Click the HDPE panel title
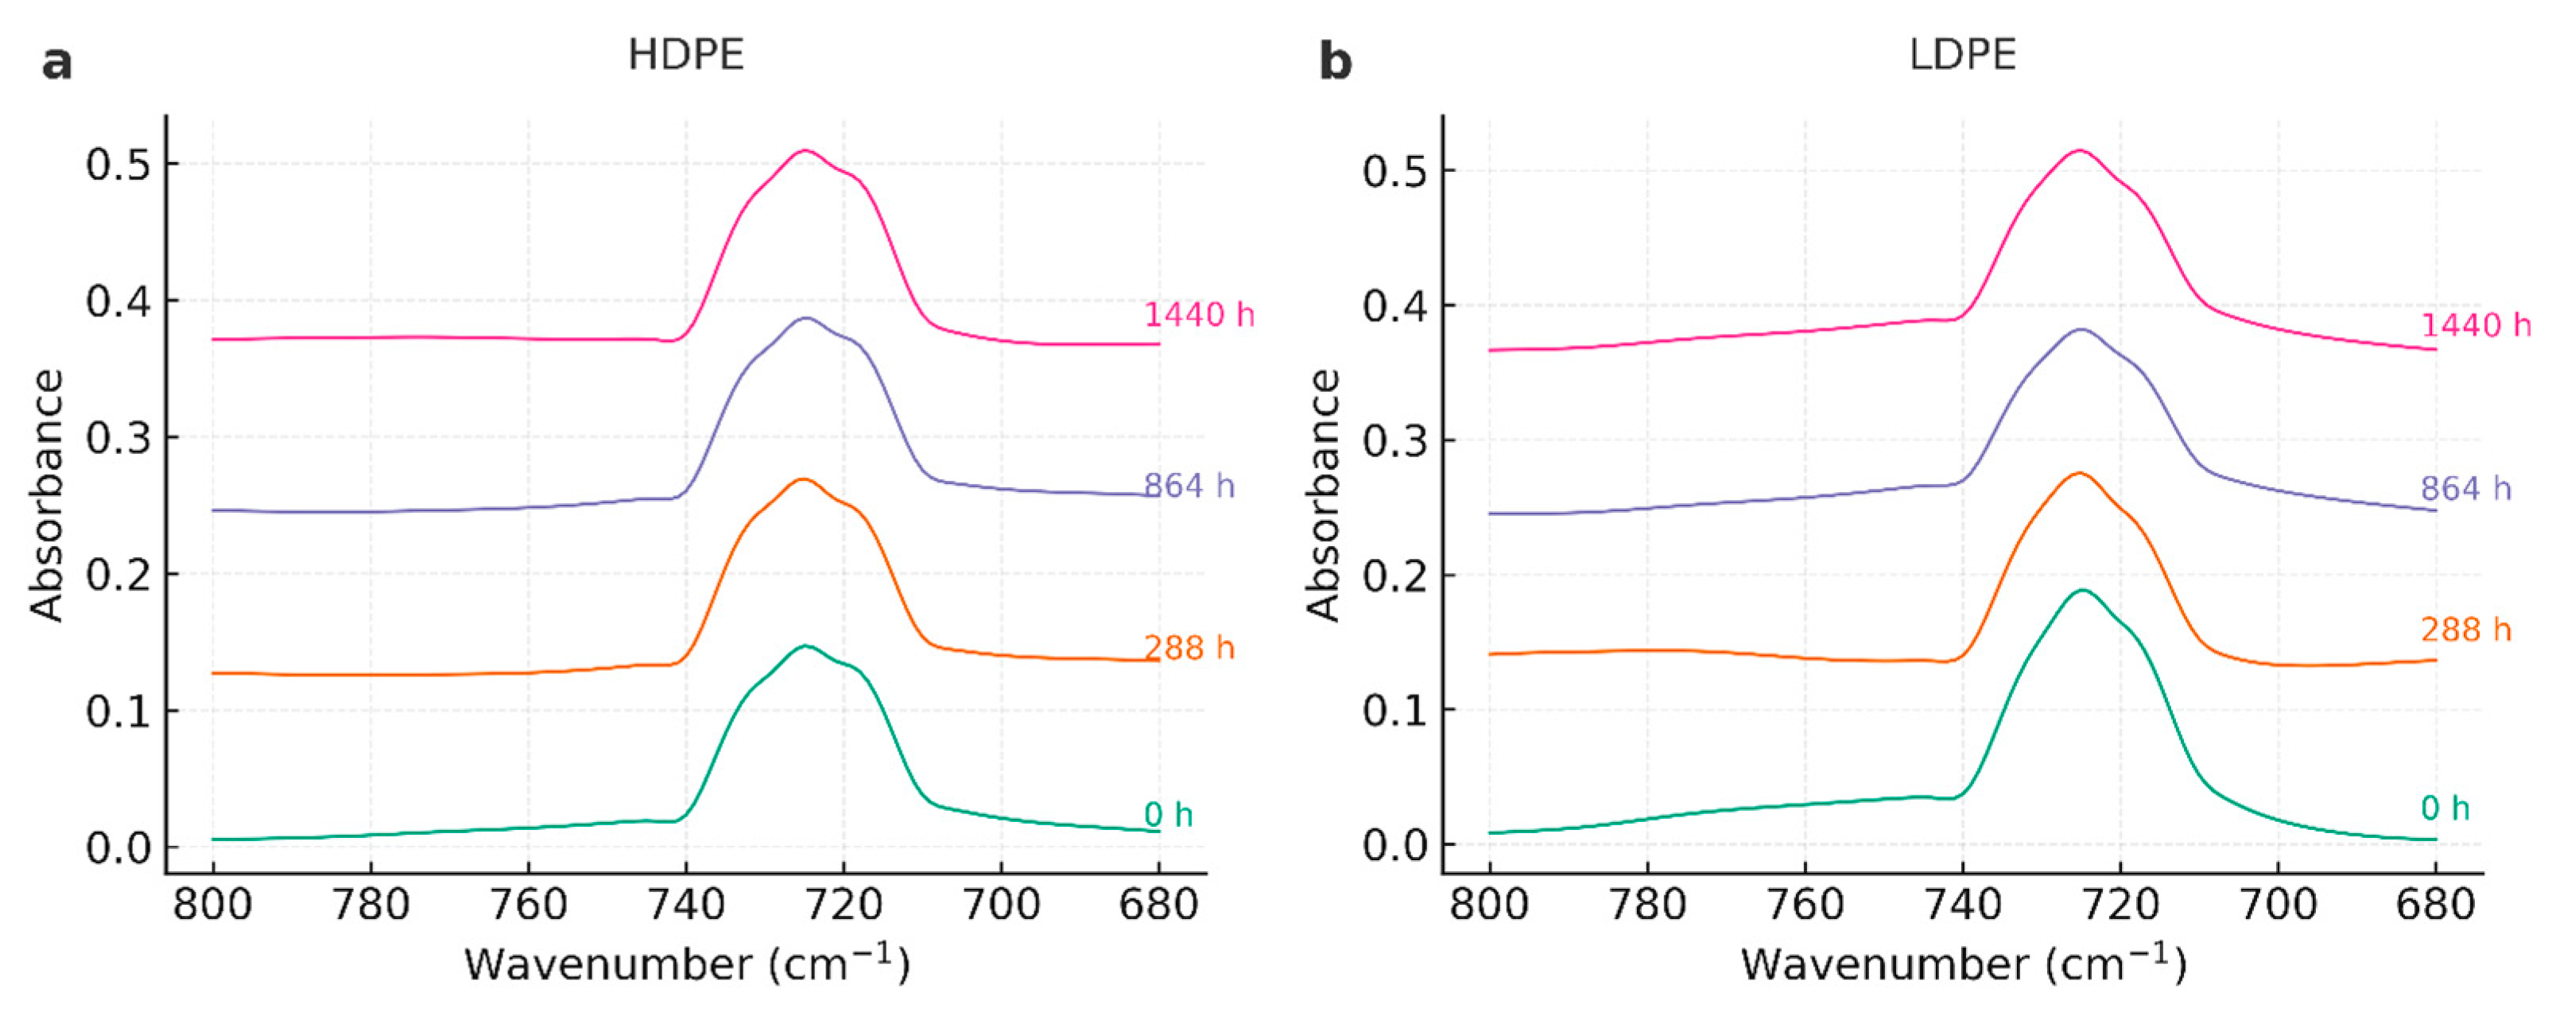pos(685,55)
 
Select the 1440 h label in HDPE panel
pos(1199,316)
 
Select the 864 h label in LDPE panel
pos(2465,488)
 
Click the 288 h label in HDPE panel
pos(1189,648)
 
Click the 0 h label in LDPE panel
pos(2445,809)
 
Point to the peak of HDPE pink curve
pos(805,151)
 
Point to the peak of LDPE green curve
pos(2081,591)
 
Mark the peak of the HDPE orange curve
pos(804,479)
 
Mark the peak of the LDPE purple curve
pos(2081,329)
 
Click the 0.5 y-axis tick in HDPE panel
pos(118,165)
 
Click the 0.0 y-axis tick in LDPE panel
pos(1394,845)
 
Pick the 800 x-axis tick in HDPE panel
pos(212,905)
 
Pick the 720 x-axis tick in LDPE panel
pos(2120,905)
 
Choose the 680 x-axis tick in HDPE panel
pos(1158,905)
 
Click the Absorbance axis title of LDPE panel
pos(1323,494)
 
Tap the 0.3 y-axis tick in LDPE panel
pos(1394,440)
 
